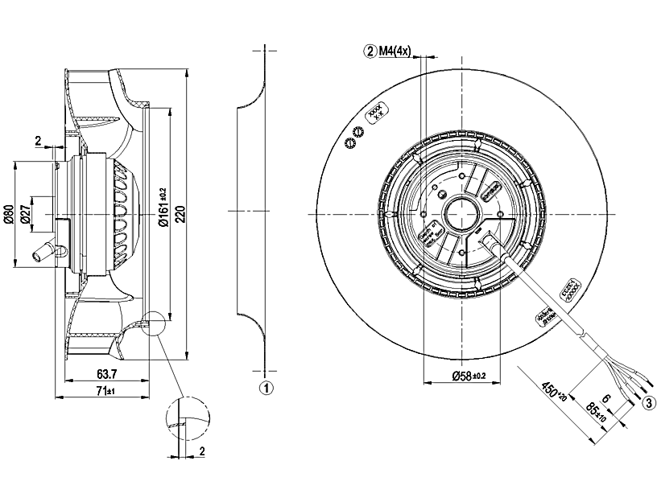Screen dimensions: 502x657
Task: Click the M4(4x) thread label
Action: point(397,52)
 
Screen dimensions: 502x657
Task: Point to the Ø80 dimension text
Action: point(9,216)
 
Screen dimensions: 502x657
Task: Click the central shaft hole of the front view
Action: point(461,215)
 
